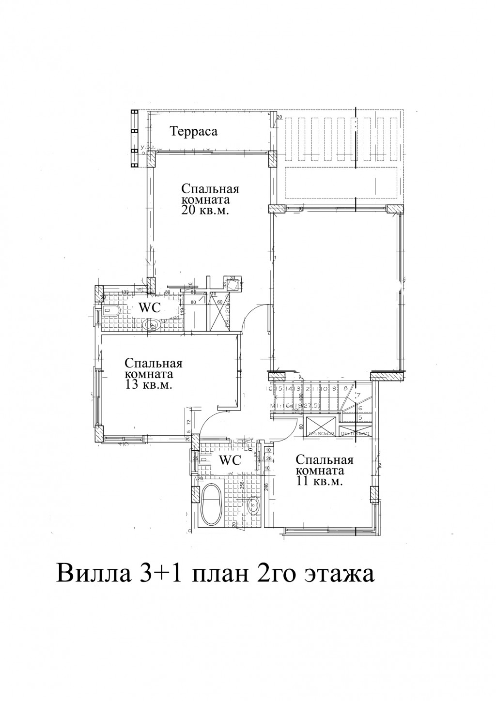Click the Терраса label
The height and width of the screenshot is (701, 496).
coord(193,131)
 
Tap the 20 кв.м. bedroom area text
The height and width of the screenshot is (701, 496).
coord(204,211)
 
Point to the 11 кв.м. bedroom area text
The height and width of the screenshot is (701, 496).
coord(319,482)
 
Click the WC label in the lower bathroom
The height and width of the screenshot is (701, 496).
coord(231,460)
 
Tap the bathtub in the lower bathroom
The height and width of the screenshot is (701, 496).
coord(211,506)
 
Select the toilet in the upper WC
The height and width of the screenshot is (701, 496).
coord(110,311)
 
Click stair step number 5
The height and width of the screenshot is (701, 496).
coord(360,416)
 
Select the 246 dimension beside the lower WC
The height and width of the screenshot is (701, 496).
coord(266,487)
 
